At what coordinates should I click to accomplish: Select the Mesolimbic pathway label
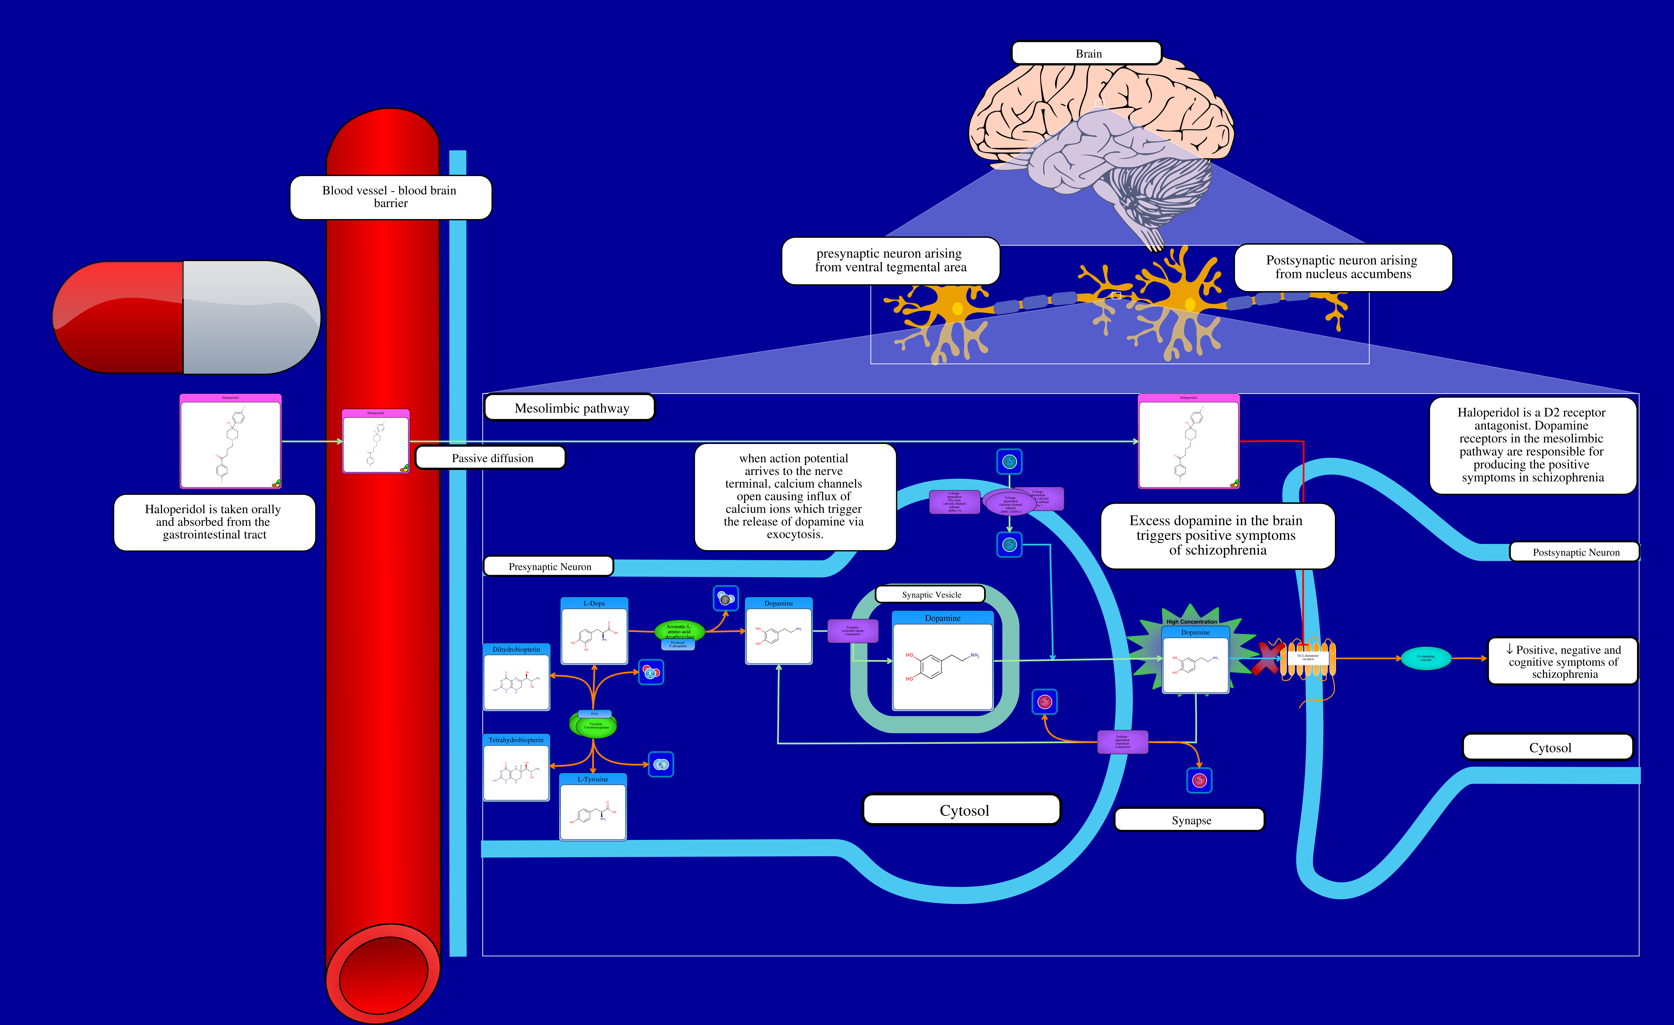pos(571,408)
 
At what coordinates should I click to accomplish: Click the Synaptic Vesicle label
pos(931,594)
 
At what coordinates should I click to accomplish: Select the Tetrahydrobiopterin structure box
pos(516,768)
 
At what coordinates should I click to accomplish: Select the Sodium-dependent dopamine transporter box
pos(1122,742)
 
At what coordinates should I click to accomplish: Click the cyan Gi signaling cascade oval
pos(1425,658)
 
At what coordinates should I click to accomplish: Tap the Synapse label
pos(1190,820)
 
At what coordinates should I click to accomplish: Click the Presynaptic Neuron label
pos(549,566)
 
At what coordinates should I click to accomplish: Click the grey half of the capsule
pos(251,317)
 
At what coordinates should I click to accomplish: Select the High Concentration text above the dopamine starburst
pos(1192,621)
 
